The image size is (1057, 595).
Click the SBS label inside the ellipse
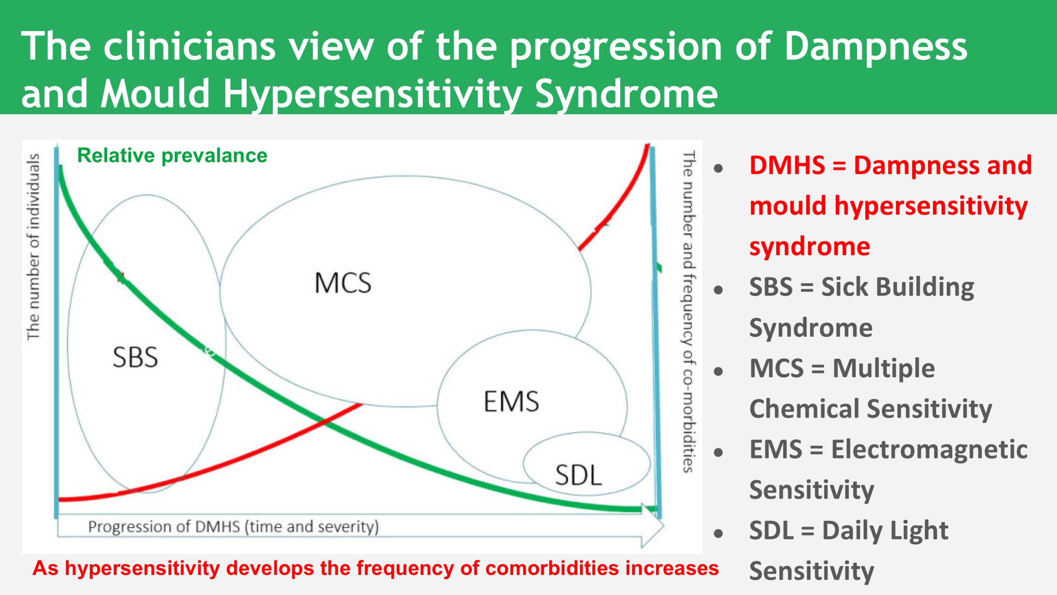pyautogui.click(x=135, y=357)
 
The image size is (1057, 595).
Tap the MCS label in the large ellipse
pyautogui.click(x=343, y=283)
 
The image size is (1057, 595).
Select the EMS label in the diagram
pyautogui.click(x=511, y=402)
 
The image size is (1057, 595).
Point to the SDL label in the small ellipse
pyautogui.click(x=578, y=475)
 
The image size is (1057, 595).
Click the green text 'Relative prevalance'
pyautogui.click(x=172, y=156)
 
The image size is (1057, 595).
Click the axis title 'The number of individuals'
pyautogui.click(x=33, y=247)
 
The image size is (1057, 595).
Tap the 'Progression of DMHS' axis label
pyautogui.click(x=233, y=527)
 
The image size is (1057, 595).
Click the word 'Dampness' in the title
pyautogui.click(x=876, y=46)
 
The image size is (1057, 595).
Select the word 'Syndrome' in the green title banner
pyautogui.click(x=627, y=94)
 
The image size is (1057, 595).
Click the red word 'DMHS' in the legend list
pyautogui.click(x=787, y=165)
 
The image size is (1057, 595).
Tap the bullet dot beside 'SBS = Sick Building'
pyautogui.click(x=718, y=290)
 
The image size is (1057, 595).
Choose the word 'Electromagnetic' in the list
pyautogui.click(x=929, y=449)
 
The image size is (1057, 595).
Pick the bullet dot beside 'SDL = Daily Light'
pyautogui.click(x=718, y=533)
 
